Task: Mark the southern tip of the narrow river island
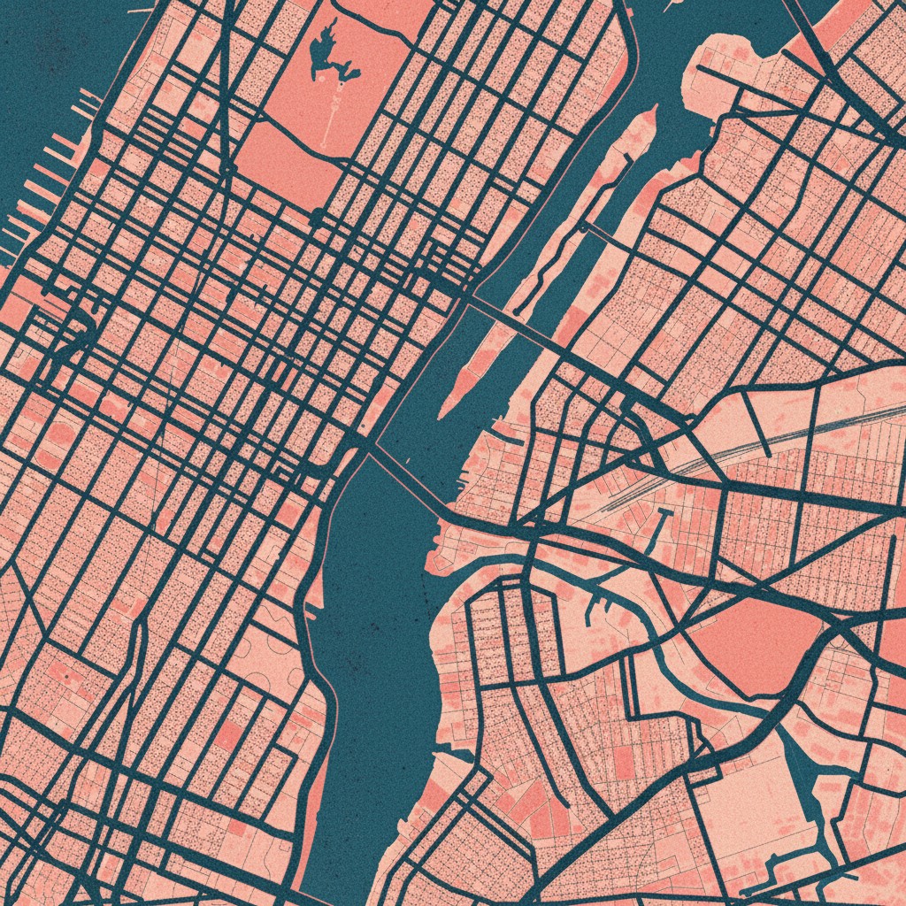(x=444, y=411)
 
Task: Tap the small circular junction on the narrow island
(x=583, y=227)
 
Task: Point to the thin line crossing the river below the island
(x=407, y=478)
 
